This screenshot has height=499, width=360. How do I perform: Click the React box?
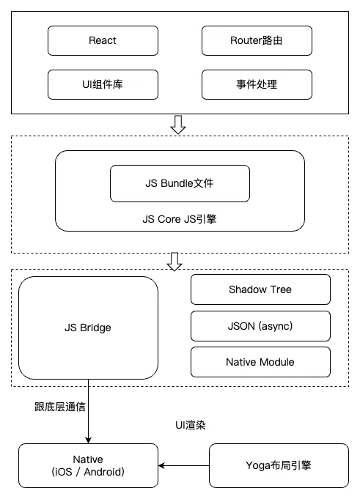click(103, 41)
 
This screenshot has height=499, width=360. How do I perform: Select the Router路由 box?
click(257, 41)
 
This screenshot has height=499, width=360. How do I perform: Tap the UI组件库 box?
click(103, 85)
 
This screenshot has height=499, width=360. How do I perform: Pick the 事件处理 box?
click(257, 85)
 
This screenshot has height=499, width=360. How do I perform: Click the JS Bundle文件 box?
click(180, 183)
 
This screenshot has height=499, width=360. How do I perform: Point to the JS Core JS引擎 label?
click(180, 219)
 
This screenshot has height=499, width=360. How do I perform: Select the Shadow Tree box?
click(260, 289)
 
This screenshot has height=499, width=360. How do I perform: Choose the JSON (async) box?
click(260, 326)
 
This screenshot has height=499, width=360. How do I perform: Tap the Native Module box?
click(260, 362)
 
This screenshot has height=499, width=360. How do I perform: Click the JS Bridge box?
click(88, 328)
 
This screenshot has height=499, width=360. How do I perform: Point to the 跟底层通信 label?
click(60, 407)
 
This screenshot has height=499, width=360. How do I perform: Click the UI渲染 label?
click(191, 425)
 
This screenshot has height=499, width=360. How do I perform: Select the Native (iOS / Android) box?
click(88, 465)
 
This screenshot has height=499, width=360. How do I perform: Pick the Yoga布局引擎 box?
click(279, 465)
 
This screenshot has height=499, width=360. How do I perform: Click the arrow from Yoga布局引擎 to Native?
click(183, 465)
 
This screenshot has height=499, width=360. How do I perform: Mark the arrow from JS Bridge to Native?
click(89, 412)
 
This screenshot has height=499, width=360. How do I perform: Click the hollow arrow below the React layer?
click(178, 125)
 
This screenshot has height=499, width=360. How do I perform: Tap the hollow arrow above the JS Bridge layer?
click(175, 262)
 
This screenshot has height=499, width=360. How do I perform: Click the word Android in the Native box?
click(104, 472)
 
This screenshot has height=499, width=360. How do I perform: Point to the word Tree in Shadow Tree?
click(281, 289)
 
